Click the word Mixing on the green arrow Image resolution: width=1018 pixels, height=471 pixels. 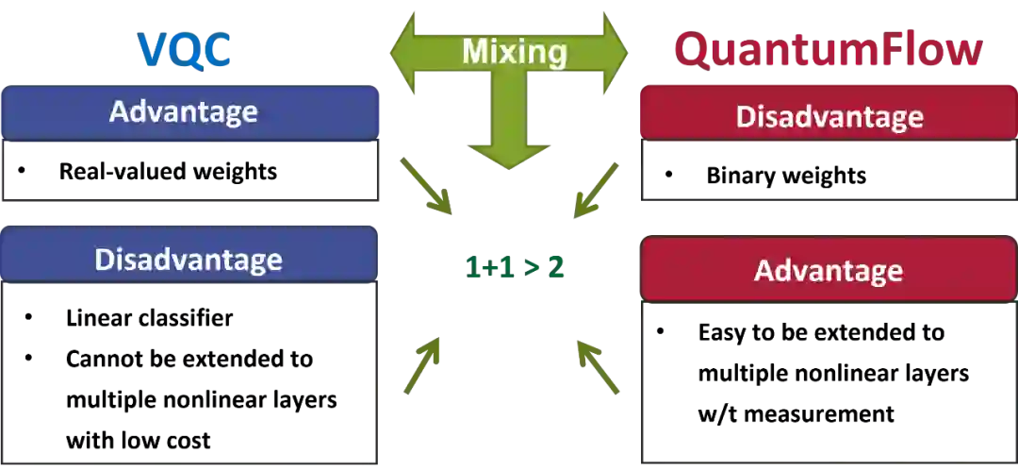coord(514,51)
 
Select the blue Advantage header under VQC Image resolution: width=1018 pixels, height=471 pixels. coord(184,111)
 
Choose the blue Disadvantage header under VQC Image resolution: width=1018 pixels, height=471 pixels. coord(189,259)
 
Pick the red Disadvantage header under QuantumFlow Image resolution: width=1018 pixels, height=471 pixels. coord(829,117)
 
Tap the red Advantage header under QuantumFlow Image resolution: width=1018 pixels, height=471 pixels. coord(829,271)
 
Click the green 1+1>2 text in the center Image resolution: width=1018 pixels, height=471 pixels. coord(514,266)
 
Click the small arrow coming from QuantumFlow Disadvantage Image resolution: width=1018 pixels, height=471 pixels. coord(599,192)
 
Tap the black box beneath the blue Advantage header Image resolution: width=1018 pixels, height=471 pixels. coord(189,172)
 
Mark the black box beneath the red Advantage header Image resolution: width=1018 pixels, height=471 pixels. coord(829,383)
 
